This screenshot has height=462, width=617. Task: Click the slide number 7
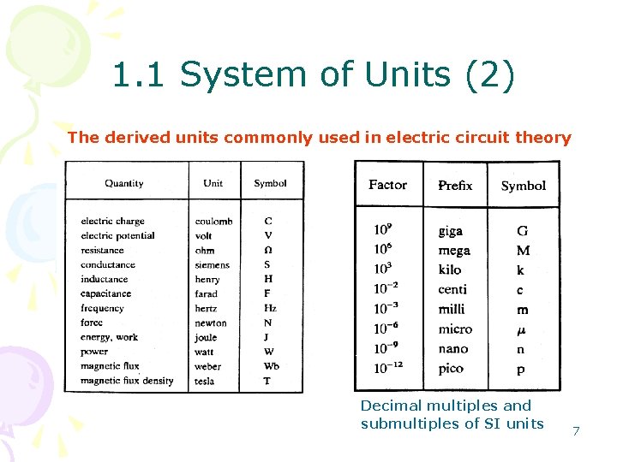tap(576, 431)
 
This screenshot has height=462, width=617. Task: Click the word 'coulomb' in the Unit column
tap(213, 222)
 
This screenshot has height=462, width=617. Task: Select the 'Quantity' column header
tap(124, 183)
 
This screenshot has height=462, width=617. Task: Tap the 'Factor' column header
tap(387, 185)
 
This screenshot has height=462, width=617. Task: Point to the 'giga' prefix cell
tap(451, 231)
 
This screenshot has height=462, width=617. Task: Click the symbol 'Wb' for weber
tap(271, 366)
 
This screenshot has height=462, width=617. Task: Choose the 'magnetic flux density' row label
tap(127, 381)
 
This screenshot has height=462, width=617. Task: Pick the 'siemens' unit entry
tap(212, 265)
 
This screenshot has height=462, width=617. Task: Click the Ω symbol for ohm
tap(268, 250)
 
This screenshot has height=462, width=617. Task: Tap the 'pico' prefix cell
tap(451, 369)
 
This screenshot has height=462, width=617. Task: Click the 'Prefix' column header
tap(455, 186)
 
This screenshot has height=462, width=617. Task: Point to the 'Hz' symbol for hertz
tap(270, 308)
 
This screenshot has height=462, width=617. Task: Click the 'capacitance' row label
tap(107, 293)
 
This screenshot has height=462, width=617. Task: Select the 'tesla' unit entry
tap(205, 381)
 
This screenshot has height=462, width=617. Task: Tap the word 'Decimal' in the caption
tap(391, 406)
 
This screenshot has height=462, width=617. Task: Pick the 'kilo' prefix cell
tap(450, 269)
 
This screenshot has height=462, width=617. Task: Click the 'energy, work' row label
tap(109, 337)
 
